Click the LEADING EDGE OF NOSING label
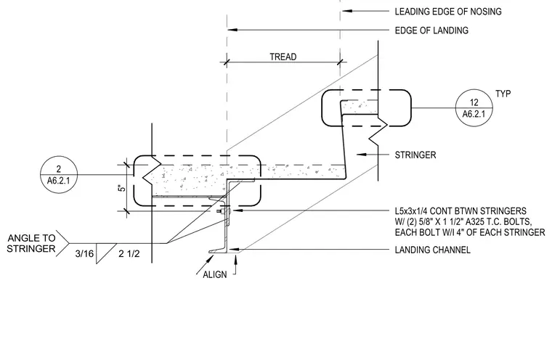(448, 12)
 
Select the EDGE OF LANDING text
(431, 30)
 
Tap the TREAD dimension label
(283, 57)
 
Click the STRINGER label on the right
(415, 155)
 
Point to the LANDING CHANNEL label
(432, 250)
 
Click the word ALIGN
(215, 274)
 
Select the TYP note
(503, 94)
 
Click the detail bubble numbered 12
(474, 107)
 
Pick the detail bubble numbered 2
(59, 175)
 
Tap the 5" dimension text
(122, 188)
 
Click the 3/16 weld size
(84, 253)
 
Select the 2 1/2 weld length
(129, 253)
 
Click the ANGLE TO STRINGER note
(31, 243)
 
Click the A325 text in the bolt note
(475, 221)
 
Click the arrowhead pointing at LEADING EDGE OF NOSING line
(347, 11)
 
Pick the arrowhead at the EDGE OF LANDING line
(232, 30)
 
